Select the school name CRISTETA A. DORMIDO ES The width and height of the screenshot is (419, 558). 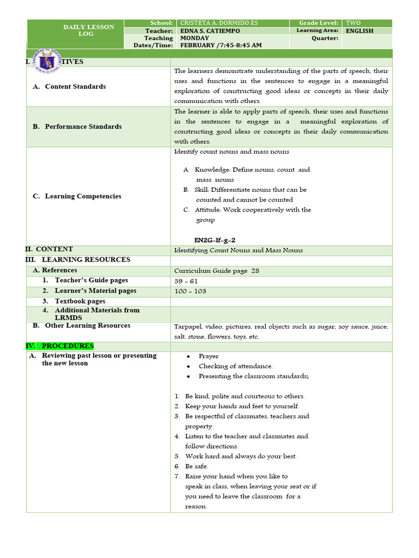[x=219, y=23]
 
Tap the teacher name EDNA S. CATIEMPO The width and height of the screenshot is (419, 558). [x=210, y=31]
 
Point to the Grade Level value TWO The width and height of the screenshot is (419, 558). [x=353, y=23]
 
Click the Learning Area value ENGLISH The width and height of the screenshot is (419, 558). [x=360, y=31]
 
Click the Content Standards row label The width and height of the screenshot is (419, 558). [x=75, y=87]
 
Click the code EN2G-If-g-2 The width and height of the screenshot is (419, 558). [x=215, y=240]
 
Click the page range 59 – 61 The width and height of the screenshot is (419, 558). [x=186, y=281]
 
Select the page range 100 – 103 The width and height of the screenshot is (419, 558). [x=190, y=291]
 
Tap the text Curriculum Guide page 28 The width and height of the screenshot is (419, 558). [x=217, y=271]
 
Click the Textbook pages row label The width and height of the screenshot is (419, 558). [x=80, y=301]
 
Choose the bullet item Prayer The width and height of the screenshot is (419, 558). [x=208, y=356]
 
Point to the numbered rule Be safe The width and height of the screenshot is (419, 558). [x=196, y=466]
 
